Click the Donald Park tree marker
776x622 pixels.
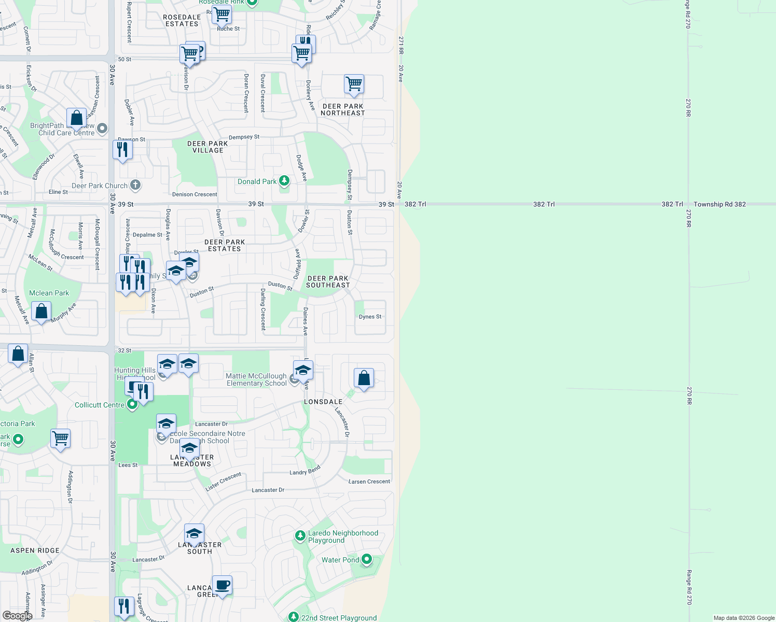coord(284,181)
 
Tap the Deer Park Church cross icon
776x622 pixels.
coord(135,185)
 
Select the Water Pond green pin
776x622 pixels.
coord(367,559)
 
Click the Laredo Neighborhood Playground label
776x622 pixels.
coord(343,536)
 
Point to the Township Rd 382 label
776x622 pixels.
coord(719,204)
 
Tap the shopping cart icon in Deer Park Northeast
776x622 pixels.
coord(354,84)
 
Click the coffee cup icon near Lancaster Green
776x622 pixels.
coord(222,585)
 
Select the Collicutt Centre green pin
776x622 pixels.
coord(132,405)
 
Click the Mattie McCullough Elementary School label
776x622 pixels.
coord(256,379)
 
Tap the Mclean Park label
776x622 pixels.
coord(49,293)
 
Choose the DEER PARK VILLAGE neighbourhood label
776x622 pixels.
coord(207,147)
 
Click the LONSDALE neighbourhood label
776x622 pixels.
coord(323,402)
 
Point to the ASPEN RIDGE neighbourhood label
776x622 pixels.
coord(35,550)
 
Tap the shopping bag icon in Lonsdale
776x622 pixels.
coord(364,378)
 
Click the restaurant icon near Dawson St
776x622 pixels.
coord(122,149)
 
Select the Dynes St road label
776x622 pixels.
coord(370,317)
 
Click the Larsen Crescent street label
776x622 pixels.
coord(369,482)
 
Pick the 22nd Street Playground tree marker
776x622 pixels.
coord(294,617)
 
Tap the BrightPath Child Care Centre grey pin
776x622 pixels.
coord(102,128)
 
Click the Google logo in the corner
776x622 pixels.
coord(17,615)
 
